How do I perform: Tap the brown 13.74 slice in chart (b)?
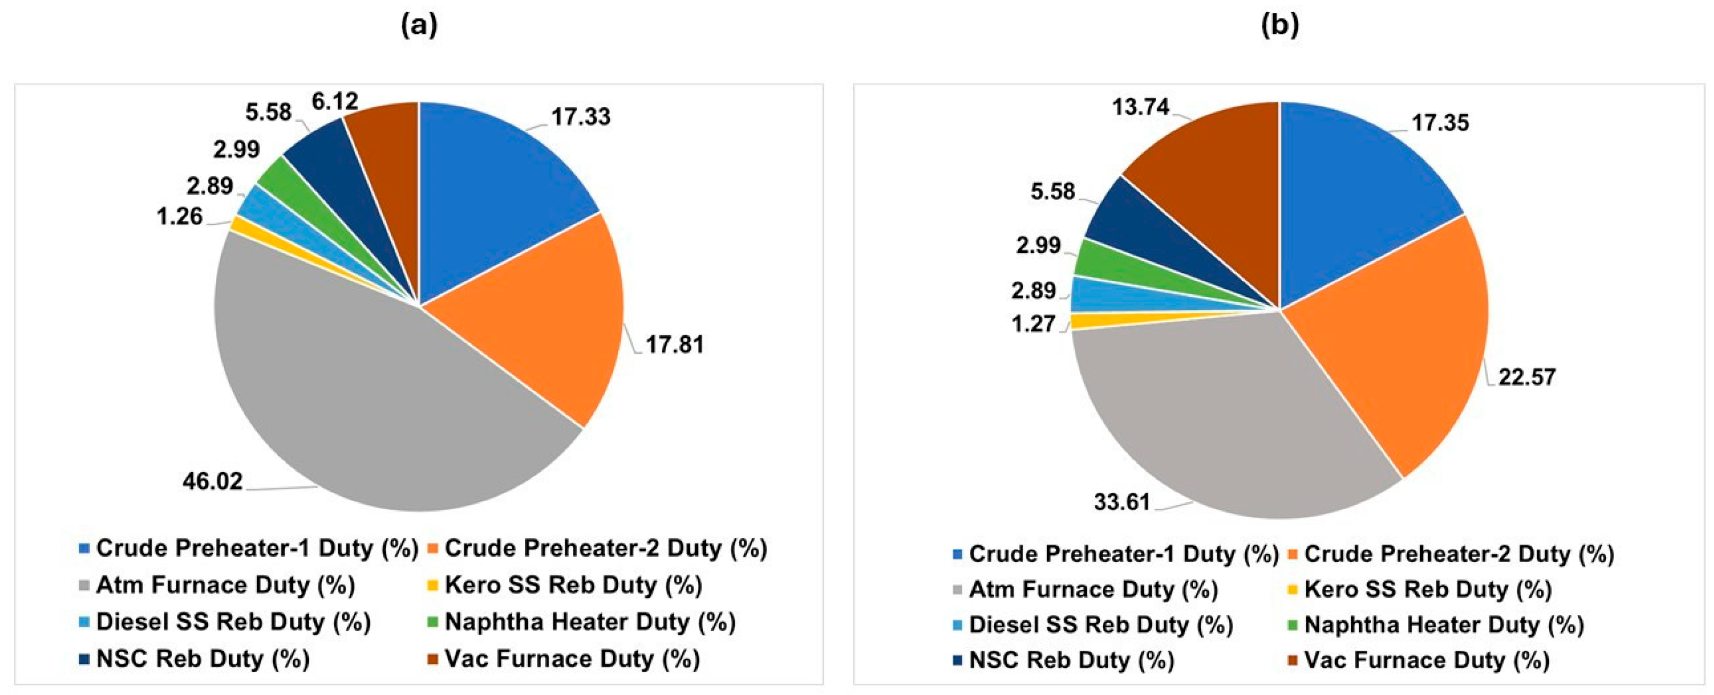tap(1218, 173)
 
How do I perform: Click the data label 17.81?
tap(674, 344)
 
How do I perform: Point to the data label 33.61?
tap(1122, 502)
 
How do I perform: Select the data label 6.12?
tap(334, 102)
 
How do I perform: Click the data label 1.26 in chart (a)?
tap(179, 217)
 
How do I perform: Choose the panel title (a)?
tap(419, 25)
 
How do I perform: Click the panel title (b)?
tap(1280, 25)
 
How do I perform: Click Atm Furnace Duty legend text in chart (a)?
tap(225, 585)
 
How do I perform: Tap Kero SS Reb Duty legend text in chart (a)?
tap(573, 585)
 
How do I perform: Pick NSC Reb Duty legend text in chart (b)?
tap(1071, 660)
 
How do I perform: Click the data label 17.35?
tap(1440, 122)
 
